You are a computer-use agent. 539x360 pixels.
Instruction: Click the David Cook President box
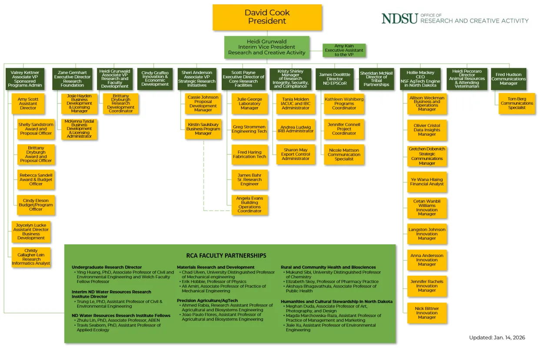pyautogui.click(x=267, y=17)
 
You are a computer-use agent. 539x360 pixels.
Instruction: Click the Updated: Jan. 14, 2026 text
pyautogui.click(x=497, y=337)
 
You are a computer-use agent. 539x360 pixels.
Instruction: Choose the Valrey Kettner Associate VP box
pyautogui.click(x=25, y=79)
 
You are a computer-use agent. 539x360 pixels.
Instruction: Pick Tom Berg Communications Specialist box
pyautogui.click(x=516, y=103)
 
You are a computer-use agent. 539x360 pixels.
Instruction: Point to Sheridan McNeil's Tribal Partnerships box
pyautogui.click(x=376, y=79)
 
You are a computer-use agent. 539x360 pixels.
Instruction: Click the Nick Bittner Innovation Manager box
pyautogui.click(x=427, y=313)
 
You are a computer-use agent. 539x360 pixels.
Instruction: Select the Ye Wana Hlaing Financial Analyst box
pyautogui.click(x=427, y=182)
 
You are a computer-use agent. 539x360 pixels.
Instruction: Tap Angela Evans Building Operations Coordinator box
pyautogui.click(x=250, y=204)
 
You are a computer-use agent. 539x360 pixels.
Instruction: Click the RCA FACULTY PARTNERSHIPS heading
pyautogui.click(x=226, y=256)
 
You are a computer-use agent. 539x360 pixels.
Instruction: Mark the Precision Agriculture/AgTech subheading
pyautogui.click(x=207, y=300)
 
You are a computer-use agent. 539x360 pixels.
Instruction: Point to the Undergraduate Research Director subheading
pyautogui.click(x=106, y=267)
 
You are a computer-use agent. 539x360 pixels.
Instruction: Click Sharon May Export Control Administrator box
pyautogui.click(x=296, y=154)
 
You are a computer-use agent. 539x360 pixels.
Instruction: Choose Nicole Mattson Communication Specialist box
pyautogui.click(x=344, y=155)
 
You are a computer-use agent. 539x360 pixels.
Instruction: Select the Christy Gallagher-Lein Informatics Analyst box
pyautogui.click(x=31, y=257)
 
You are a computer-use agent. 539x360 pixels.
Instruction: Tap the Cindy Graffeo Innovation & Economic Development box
pyautogui.click(x=155, y=79)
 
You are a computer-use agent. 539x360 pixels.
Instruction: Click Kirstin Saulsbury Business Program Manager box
pyautogui.click(x=203, y=129)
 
